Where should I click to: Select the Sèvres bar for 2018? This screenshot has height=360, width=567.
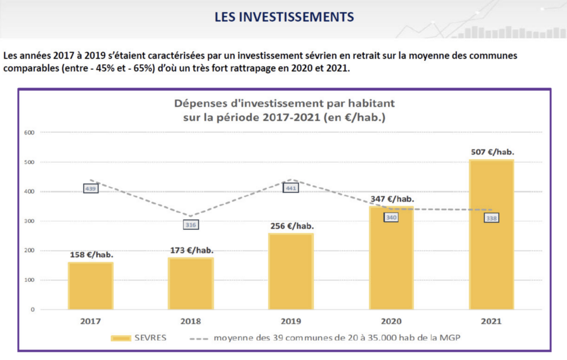(190, 283)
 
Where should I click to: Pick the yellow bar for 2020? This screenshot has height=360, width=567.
(391, 258)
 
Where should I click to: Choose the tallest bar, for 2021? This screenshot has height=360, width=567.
(492, 234)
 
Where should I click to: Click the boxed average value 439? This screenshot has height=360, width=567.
(91, 188)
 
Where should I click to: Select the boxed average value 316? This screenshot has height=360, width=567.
(190, 225)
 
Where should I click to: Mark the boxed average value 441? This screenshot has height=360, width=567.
(291, 188)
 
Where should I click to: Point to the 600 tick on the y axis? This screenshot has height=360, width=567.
(29, 132)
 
